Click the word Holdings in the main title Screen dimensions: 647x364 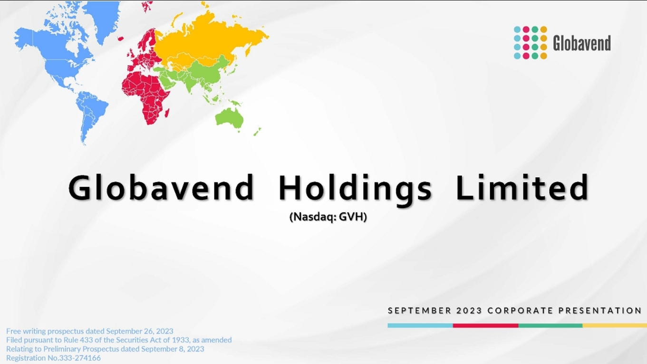(x=355, y=189)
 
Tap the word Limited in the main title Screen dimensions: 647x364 (x=522, y=187)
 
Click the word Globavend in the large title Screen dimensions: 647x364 (x=161, y=187)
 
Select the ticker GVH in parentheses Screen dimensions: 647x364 (x=351, y=217)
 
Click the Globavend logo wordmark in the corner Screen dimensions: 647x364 (x=582, y=43)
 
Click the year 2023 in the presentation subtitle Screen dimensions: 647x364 (x=469, y=311)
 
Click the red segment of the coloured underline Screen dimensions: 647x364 (x=485, y=326)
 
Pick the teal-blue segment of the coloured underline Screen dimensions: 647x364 (x=420, y=326)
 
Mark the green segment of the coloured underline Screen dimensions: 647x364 (x=550, y=326)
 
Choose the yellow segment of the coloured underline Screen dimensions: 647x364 (x=615, y=326)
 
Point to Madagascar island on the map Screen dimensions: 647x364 (x=167, y=113)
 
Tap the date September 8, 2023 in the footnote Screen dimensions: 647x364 (x=173, y=349)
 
